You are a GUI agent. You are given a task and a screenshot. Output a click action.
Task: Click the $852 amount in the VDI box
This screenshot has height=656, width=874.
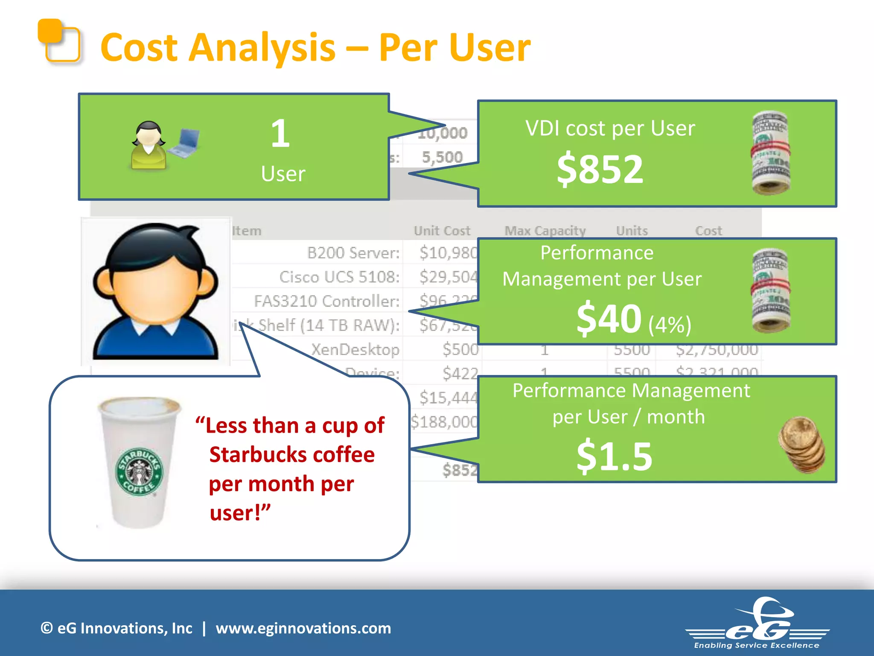pos(600,170)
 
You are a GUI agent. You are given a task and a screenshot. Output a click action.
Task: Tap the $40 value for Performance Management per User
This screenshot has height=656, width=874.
pos(609,319)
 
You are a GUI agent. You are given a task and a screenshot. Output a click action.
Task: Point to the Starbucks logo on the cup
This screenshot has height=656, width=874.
pos(140,471)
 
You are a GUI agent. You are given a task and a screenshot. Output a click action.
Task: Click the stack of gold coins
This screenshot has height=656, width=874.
pos(802,445)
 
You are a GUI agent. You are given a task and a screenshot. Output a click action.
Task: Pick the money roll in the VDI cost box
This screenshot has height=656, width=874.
pos(770,153)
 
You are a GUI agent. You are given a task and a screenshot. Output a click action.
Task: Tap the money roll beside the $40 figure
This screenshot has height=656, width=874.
pos(770,290)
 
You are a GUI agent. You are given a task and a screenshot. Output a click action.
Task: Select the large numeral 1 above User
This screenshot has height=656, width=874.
pos(280,134)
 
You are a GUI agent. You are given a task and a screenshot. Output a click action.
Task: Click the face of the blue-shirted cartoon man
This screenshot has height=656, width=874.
pos(156,290)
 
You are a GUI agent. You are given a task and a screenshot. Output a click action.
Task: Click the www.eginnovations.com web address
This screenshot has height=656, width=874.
pos(303,628)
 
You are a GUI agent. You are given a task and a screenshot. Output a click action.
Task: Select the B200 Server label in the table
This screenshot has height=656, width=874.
pos(353,253)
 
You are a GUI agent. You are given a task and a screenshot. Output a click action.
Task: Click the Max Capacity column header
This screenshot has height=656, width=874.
pos(545,231)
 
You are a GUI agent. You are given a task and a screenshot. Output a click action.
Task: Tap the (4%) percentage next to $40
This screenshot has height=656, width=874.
pos(670,325)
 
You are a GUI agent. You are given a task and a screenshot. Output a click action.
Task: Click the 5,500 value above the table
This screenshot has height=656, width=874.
pos(442,157)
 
